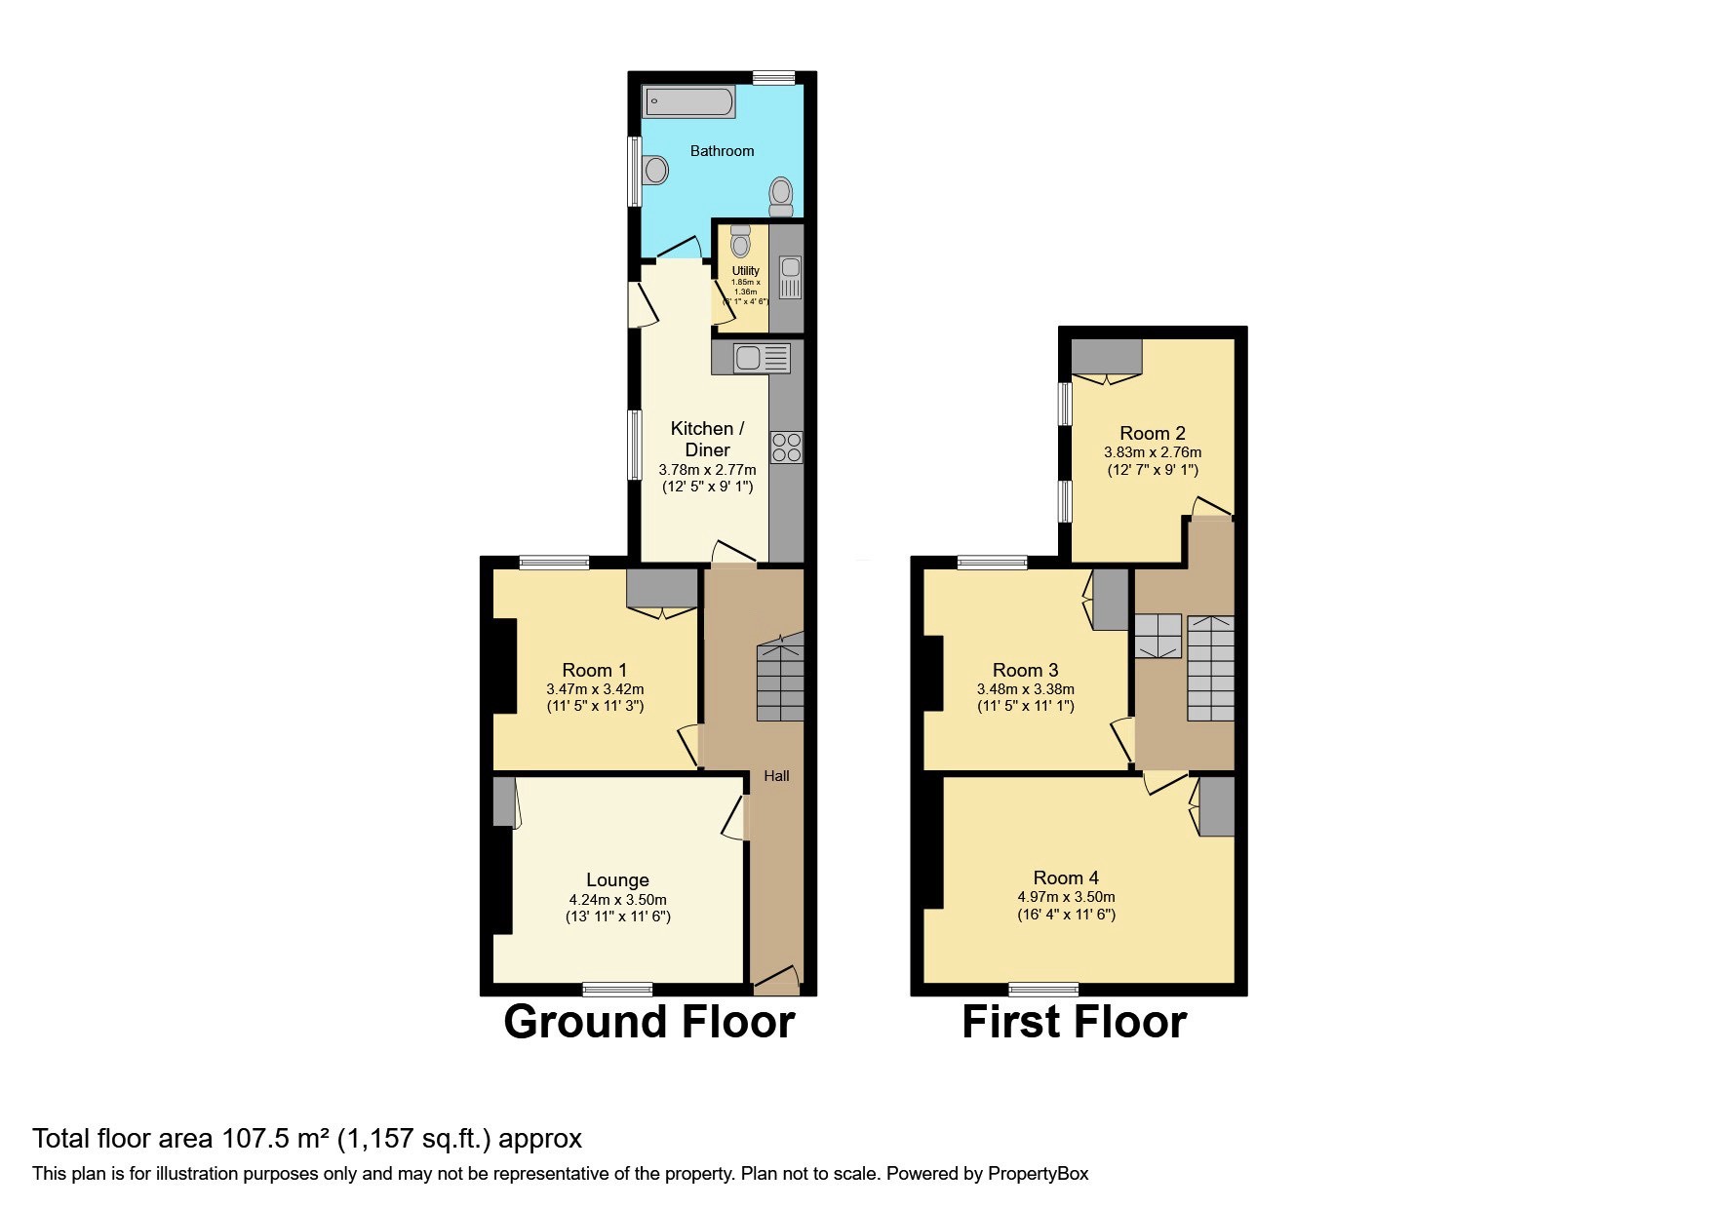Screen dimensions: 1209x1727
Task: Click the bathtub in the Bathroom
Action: tap(688, 101)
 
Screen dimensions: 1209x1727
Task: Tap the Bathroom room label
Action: tap(722, 151)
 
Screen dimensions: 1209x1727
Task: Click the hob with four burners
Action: tap(786, 448)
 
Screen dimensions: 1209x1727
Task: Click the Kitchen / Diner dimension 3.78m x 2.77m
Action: tap(707, 470)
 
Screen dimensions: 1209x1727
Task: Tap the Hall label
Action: tap(776, 776)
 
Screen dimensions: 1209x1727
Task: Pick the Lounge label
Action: tap(617, 879)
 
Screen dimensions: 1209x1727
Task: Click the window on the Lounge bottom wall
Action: tap(617, 990)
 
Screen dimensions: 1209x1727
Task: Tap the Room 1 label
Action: tap(594, 670)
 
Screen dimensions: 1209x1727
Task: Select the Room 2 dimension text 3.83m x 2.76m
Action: tap(1152, 452)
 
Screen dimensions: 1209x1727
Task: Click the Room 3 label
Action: tap(1025, 670)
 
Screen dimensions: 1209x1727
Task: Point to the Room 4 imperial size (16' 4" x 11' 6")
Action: tap(1066, 915)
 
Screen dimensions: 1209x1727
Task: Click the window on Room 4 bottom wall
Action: tap(1043, 990)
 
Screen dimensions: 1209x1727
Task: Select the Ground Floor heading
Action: tap(648, 1022)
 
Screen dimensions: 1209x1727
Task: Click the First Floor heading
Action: tap(1074, 1022)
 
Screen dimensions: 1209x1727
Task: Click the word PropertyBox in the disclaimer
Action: tap(1038, 1174)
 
